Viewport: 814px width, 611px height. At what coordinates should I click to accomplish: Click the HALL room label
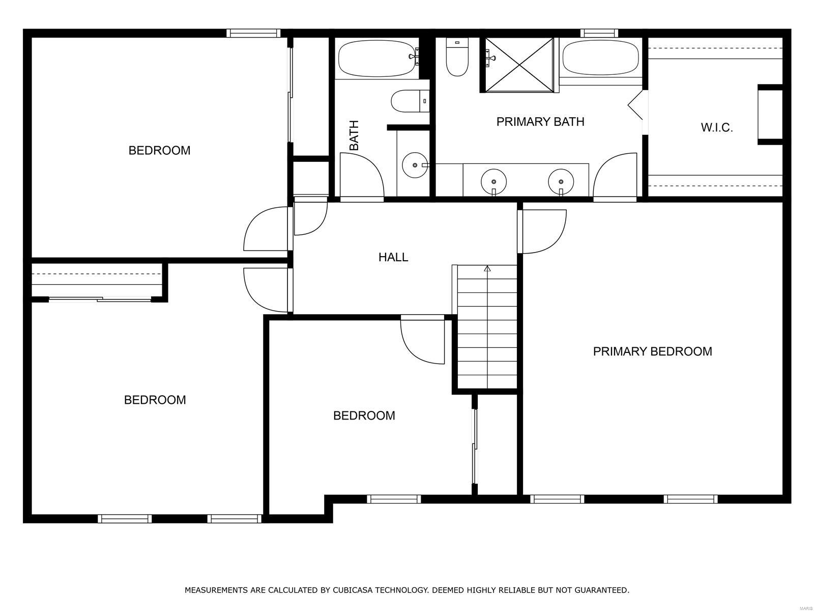(393, 257)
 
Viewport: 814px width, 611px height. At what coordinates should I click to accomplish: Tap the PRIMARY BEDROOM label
(652, 351)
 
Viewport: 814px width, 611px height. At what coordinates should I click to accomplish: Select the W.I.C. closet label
(716, 128)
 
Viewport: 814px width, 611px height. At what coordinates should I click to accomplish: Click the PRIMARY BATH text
(540, 122)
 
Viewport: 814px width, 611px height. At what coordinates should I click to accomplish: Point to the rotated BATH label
(354, 135)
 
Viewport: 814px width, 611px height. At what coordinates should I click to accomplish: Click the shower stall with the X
(518, 65)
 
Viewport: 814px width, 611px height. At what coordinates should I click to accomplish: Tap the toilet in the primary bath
(456, 57)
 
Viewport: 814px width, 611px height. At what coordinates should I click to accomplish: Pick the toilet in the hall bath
(410, 101)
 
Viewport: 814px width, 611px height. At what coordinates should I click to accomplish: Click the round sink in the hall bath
(415, 165)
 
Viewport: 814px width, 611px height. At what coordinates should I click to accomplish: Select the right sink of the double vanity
(561, 181)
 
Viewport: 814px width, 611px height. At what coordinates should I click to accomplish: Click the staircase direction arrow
(487, 269)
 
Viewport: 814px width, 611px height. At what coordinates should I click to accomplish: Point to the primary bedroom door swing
(542, 232)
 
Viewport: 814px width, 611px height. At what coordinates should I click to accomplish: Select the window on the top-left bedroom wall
(253, 33)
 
